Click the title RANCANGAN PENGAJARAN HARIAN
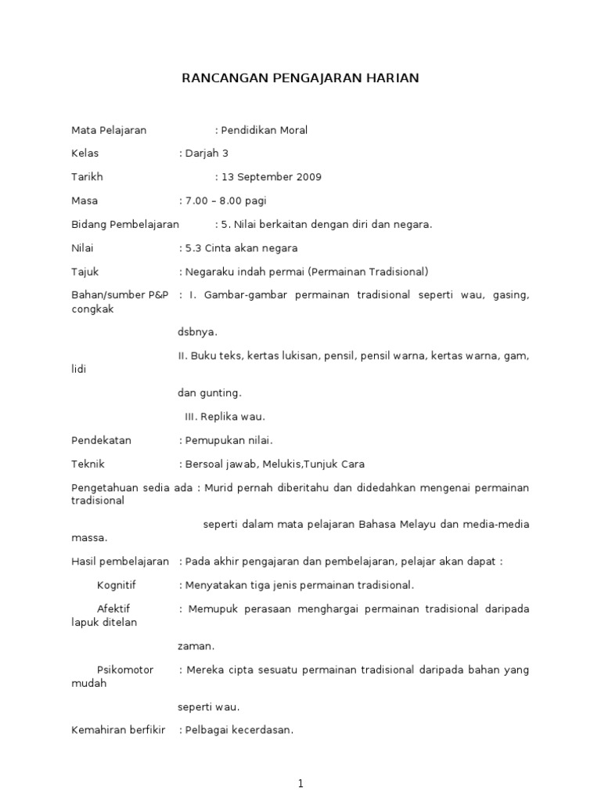[300, 78]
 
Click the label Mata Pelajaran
[109, 130]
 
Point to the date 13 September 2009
[271, 177]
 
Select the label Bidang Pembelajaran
[125, 225]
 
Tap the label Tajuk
[85, 272]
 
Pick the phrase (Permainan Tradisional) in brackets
[367, 272]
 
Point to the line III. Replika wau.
[225, 417]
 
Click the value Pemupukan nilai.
[229, 440]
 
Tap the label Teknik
[88, 464]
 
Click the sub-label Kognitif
[117, 585]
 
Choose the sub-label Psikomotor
[125, 670]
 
